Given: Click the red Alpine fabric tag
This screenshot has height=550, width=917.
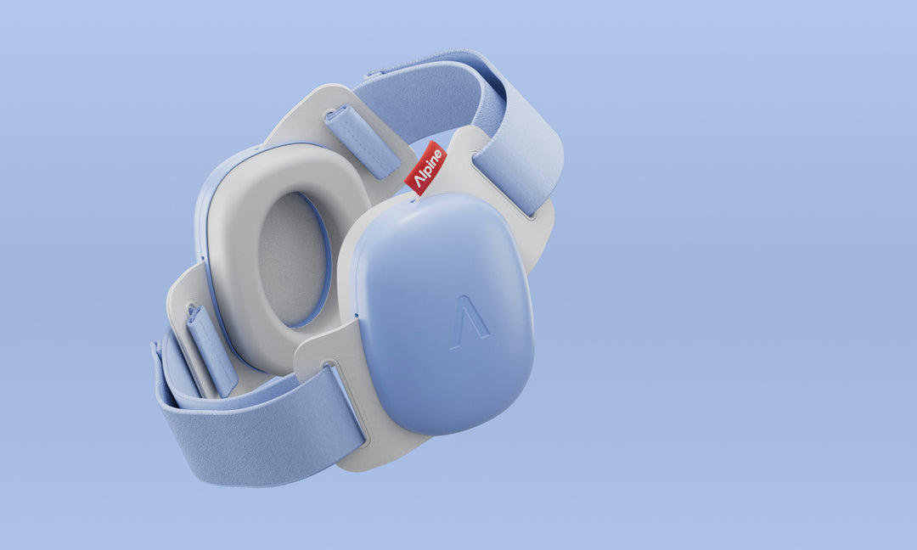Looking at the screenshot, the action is [425, 168].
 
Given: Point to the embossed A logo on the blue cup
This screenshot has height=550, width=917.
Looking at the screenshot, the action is [470, 323].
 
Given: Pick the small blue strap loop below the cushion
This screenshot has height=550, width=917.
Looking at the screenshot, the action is [211, 351].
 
